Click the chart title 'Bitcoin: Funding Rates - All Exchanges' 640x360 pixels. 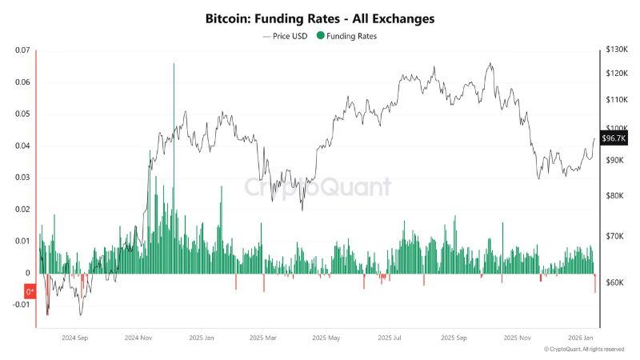click(320, 18)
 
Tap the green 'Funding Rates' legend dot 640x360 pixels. click(322, 36)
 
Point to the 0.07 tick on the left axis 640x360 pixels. click(22, 50)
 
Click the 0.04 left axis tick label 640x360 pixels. click(22, 146)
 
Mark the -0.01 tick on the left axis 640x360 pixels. click(19, 305)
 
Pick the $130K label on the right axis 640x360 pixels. click(617, 50)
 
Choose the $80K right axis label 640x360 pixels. click(616, 196)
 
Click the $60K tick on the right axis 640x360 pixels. click(616, 282)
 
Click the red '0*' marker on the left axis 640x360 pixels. click(30, 292)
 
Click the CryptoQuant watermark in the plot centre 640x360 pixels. click(318, 187)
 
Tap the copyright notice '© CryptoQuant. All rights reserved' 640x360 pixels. click(584, 350)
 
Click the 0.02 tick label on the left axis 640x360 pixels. click(22, 209)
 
